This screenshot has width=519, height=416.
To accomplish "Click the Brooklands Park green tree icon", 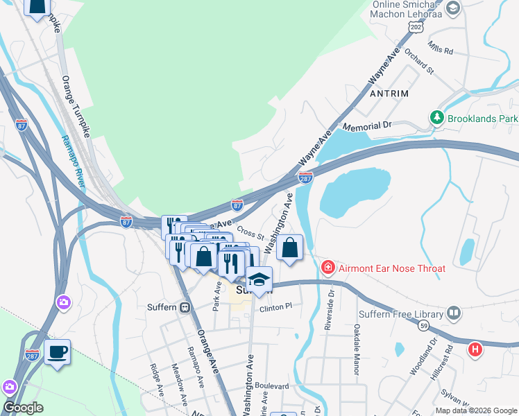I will click(437, 119).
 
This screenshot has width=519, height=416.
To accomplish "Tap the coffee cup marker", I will click(57, 352).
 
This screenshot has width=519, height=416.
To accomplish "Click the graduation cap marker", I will click(259, 280).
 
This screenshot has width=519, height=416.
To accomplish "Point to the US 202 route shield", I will click(416, 27).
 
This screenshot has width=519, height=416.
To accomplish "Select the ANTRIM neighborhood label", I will click(389, 93).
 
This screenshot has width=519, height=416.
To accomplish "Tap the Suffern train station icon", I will click(185, 307).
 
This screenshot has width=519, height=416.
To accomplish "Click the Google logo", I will click(22, 408).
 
